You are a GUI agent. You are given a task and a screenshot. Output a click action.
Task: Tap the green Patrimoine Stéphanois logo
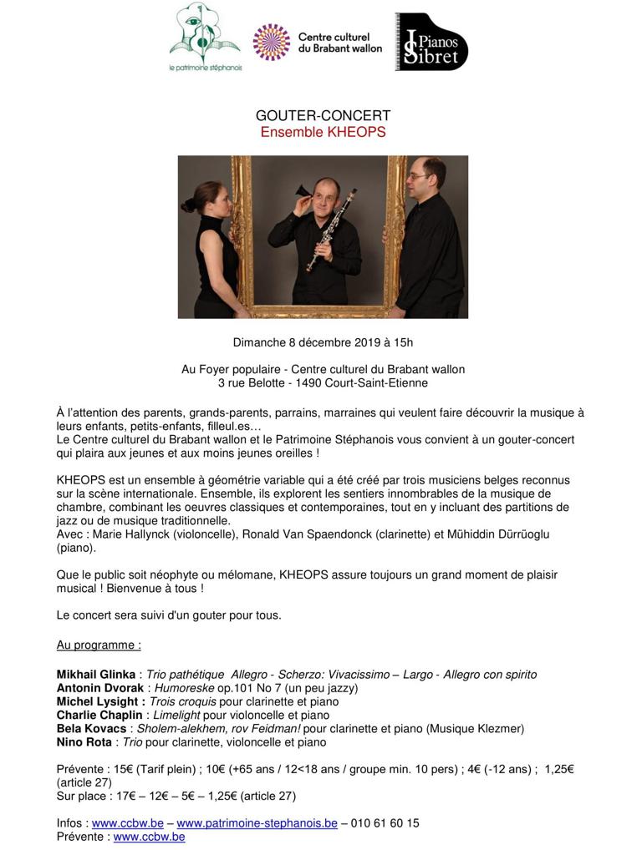click(204, 37)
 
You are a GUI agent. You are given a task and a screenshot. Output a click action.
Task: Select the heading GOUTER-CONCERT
click(323, 116)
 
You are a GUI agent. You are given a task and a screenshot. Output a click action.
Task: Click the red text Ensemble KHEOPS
click(323, 132)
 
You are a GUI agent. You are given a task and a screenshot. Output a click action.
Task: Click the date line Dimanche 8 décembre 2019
click(323, 342)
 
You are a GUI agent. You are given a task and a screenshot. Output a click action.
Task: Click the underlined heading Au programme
click(99, 645)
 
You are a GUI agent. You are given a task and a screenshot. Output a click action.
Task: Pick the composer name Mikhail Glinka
click(95, 675)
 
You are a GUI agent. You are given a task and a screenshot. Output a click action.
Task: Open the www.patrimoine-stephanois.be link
click(257, 823)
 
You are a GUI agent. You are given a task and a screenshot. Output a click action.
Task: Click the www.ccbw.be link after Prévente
click(149, 837)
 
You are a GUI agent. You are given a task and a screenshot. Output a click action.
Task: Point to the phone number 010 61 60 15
click(385, 823)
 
